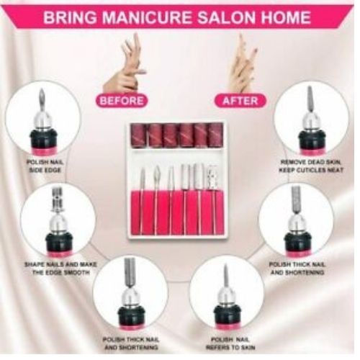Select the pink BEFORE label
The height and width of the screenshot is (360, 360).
point(121,100)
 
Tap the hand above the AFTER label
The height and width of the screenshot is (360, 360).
point(243,63)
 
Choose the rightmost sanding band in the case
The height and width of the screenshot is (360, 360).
point(215,134)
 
